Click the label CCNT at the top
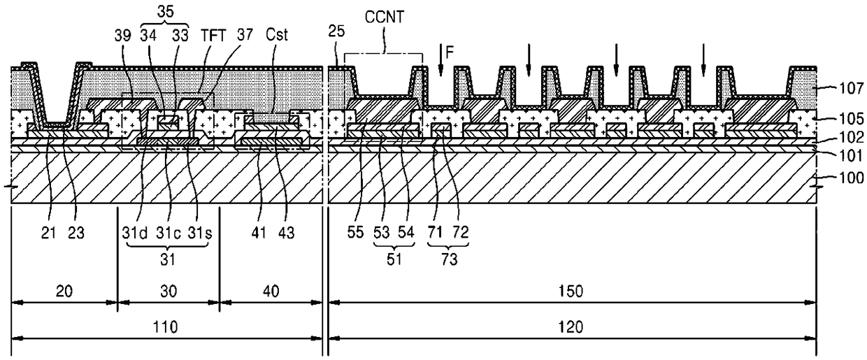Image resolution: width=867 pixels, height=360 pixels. click(385, 17)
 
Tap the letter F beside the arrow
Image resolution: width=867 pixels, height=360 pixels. click(450, 52)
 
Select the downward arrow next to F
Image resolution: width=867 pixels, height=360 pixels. click(440, 59)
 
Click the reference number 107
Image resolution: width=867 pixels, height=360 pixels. click(852, 88)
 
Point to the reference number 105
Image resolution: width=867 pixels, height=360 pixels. click(852, 119)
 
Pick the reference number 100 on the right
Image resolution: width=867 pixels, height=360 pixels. click(852, 178)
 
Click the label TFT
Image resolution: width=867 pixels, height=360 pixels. click(213, 36)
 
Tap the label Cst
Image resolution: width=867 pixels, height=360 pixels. click(277, 35)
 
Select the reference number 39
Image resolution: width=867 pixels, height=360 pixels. click(122, 36)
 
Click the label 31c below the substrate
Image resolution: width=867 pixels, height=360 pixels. click(169, 233)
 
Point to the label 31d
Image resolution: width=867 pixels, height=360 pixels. click(135, 233)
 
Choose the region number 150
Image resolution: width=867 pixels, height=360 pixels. click(571, 291)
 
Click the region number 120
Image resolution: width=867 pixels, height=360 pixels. click(571, 327)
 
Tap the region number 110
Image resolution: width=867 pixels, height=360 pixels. click(165, 327)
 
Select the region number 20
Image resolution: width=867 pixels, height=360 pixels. click(64, 291)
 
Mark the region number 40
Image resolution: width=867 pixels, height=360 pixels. click(271, 291)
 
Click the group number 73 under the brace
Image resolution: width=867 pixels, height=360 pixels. click(449, 259)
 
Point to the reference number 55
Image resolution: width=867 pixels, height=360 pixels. click(355, 232)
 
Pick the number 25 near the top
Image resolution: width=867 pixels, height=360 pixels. click(336, 31)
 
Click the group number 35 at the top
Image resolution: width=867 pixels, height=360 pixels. click(165, 12)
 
